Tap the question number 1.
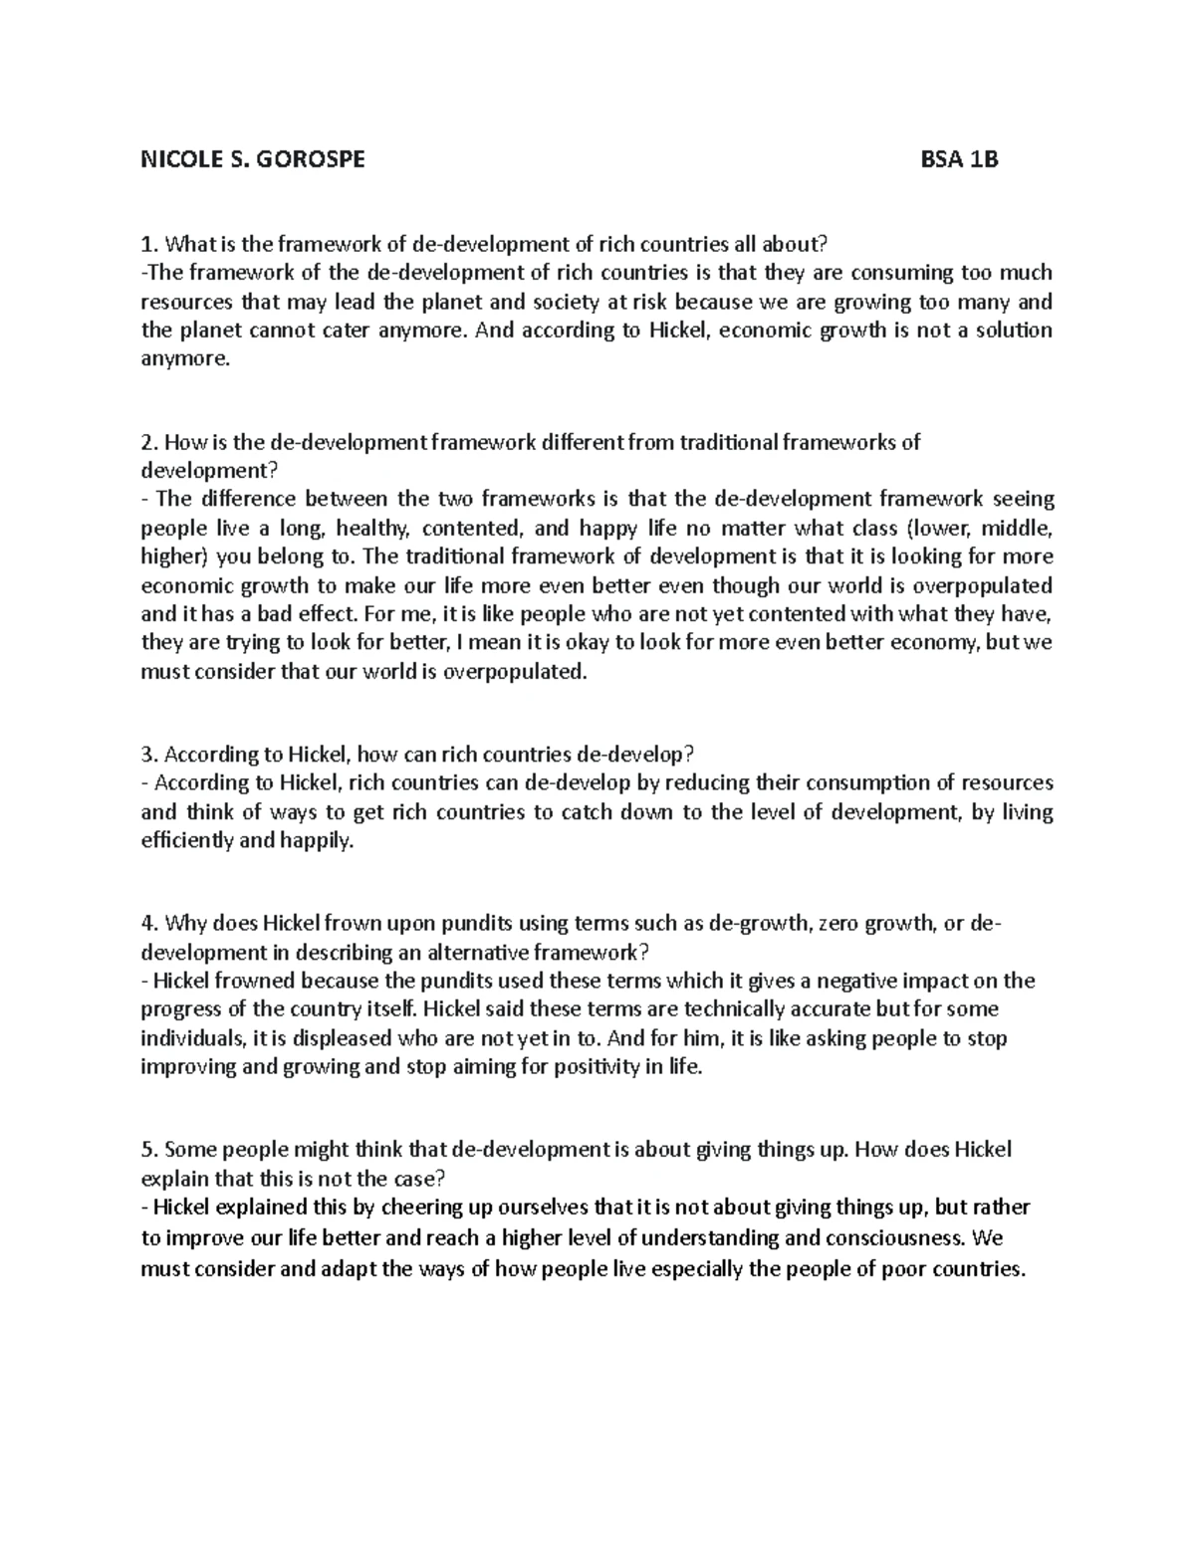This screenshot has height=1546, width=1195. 147,244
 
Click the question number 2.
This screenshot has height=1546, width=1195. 147,442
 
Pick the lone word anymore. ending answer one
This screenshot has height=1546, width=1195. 185,359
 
